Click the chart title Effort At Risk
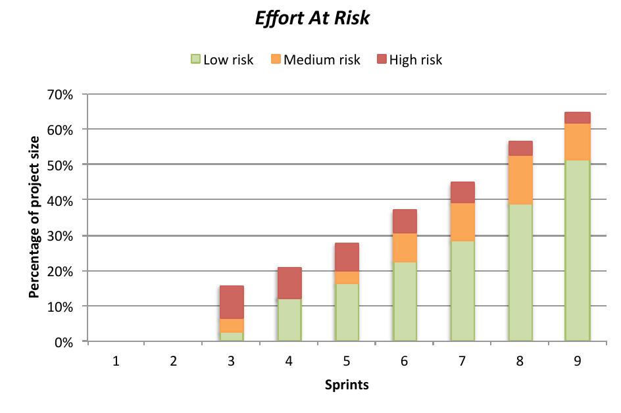(x=312, y=18)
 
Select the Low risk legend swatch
(x=195, y=60)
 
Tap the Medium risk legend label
(x=322, y=60)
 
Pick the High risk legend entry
(x=415, y=60)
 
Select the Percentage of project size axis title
(x=34, y=217)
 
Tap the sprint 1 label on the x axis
(x=116, y=361)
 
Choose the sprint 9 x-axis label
(x=577, y=361)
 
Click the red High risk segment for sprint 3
(x=232, y=303)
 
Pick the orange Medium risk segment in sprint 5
(x=347, y=278)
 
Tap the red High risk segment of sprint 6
(x=405, y=222)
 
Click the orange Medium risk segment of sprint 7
(x=462, y=222)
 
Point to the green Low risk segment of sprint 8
(x=520, y=273)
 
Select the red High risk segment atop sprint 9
(x=577, y=118)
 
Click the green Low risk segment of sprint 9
(x=577, y=251)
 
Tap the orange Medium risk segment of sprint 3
(x=232, y=326)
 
